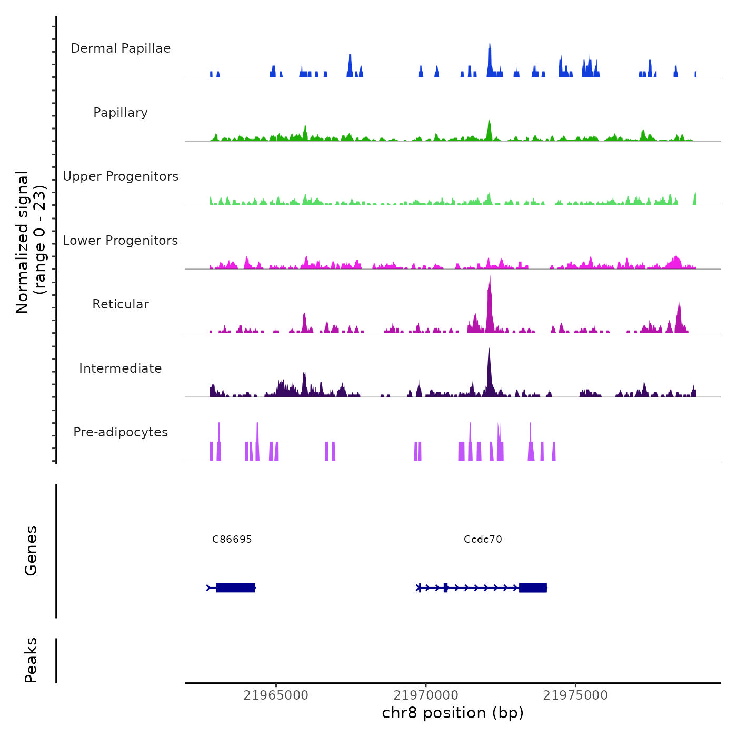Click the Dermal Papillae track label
[x=121, y=48]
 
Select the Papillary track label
[x=121, y=113]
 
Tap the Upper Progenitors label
[x=121, y=176]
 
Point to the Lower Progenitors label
[x=121, y=241]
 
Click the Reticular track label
[x=121, y=304]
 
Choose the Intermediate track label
[x=121, y=368]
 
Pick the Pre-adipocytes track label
[x=121, y=432]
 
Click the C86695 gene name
[x=232, y=540]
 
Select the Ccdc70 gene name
[x=483, y=540]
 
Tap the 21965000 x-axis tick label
[x=276, y=695]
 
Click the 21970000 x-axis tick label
[x=426, y=695]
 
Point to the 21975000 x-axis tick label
[x=575, y=695]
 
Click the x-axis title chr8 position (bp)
[x=453, y=713]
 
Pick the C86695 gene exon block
[x=236, y=587]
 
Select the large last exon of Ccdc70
[x=533, y=587]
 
